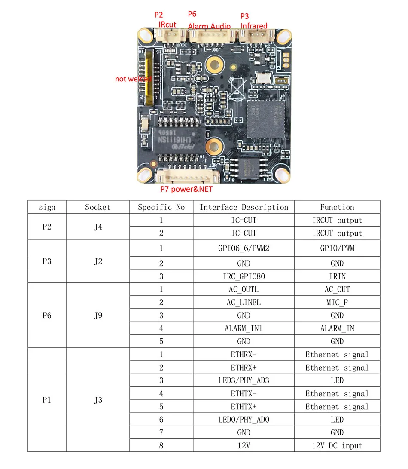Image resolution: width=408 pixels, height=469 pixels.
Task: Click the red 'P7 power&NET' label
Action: tap(186, 189)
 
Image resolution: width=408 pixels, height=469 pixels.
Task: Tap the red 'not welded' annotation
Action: tap(134, 79)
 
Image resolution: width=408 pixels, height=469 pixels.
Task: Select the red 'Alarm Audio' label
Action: tap(209, 26)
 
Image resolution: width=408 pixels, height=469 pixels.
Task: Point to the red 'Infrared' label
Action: tap(254, 26)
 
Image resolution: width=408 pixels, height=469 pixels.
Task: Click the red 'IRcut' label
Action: tap(167, 25)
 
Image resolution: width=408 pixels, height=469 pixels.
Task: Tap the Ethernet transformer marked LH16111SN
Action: tap(177, 135)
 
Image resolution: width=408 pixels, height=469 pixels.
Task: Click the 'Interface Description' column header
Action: tap(244, 207)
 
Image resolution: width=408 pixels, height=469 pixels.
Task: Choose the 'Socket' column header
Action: tap(97, 207)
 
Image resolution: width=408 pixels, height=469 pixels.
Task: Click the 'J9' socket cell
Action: tap(97, 316)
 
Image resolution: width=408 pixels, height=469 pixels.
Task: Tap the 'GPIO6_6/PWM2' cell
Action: tap(244, 248)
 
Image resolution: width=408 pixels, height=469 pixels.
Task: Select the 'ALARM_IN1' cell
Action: tap(244, 328)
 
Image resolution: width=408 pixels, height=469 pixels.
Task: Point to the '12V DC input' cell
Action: tap(337, 445)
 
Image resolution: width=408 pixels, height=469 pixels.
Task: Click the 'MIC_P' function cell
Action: tap(337, 302)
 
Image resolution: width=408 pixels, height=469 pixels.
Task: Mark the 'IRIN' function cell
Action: tap(337, 276)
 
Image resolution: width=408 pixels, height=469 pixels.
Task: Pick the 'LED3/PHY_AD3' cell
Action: tap(244, 380)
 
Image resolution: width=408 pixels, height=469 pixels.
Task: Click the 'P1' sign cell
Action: tap(47, 400)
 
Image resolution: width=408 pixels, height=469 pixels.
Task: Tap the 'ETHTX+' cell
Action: tap(244, 406)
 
